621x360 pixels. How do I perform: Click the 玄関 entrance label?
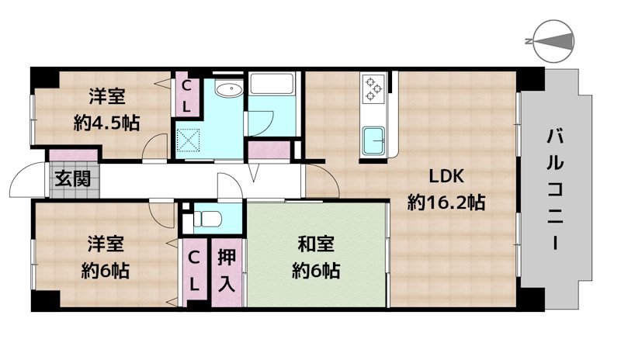(x=72, y=178)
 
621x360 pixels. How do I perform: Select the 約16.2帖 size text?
(x=446, y=203)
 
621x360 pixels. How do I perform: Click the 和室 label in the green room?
(x=316, y=244)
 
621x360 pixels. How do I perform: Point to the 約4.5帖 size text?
(x=107, y=123)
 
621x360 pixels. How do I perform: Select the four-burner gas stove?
(x=373, y=88)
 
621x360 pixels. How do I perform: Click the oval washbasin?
(x=228, y=92)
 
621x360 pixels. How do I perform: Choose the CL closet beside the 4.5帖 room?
(x=188, y=95)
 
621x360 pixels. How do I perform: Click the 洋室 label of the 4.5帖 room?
(x=107, y=97)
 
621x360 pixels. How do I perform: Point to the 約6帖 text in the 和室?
(x=316, y=271)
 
